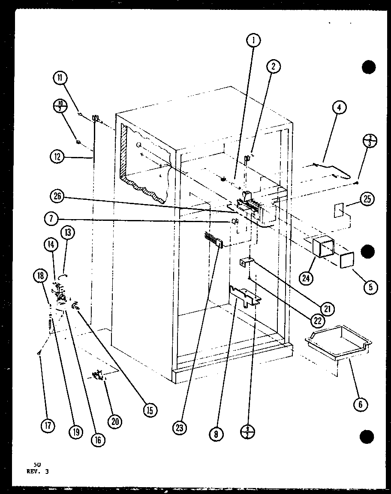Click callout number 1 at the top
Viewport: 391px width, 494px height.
click(x=253, y=41)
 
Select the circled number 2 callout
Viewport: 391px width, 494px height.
click(x=273, y=66)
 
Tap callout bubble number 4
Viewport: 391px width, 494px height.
click(x=339, y=108)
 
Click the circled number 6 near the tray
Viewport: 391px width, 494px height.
click(x=360, y=404)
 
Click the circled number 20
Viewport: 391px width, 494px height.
click(x=115, y=422)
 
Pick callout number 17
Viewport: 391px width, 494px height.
click(x=48, y=426)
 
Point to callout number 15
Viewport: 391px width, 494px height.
click(x=150, y=410)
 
